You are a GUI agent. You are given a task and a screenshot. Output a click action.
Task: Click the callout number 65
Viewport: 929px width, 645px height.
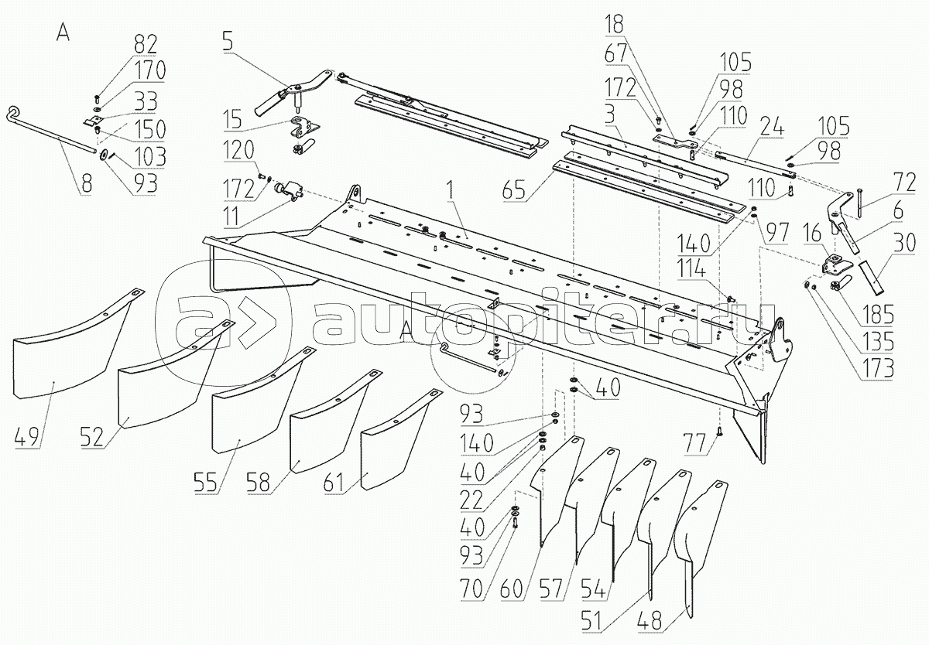click(515, 191)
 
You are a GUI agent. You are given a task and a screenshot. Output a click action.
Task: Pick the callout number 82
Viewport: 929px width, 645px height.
click(146, 44)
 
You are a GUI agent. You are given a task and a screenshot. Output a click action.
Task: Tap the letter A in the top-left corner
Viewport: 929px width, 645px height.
click(63, 32)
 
